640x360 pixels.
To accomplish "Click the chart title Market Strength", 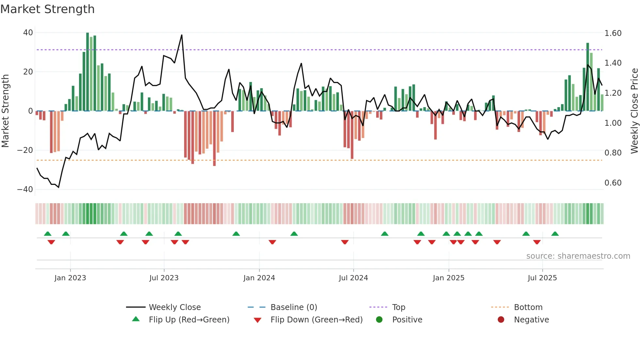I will [47, 9].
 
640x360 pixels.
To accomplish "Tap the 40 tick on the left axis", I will [28, 33].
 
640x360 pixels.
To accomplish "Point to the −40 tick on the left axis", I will [25, 189].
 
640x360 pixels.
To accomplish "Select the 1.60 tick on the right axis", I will [613, 33].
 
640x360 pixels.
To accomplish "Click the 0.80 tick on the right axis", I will [613, 153].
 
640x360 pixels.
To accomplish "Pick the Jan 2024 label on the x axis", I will [259, 278].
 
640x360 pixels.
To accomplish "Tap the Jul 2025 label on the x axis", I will [542, 278].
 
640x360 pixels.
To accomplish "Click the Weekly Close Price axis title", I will [634, 111].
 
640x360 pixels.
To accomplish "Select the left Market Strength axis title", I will [6, 111].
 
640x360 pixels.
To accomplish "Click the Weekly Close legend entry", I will [175, 307].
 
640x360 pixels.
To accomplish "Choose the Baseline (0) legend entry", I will [294, 307].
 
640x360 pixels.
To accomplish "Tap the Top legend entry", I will [399, 307].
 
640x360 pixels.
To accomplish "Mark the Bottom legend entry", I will [528, 307].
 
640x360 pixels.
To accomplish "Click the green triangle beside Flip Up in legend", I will [136, 319].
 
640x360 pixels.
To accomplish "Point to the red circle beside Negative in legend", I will [501, 319].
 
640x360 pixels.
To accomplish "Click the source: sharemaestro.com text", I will [578, 256].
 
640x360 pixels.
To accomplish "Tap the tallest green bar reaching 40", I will [88, 72].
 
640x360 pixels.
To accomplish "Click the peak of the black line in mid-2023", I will [182, 35].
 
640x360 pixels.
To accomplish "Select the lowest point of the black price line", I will [58, 187].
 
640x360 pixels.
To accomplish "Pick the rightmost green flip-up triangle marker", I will [555, 234].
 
